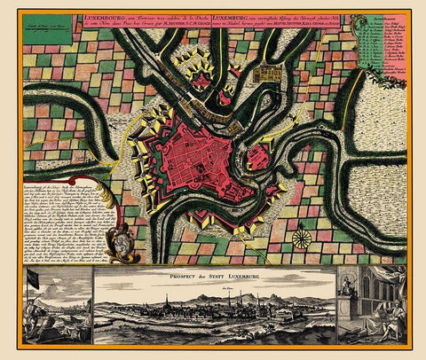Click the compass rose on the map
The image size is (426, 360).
(303, 239)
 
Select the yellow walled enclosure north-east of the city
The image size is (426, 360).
(269, 77)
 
